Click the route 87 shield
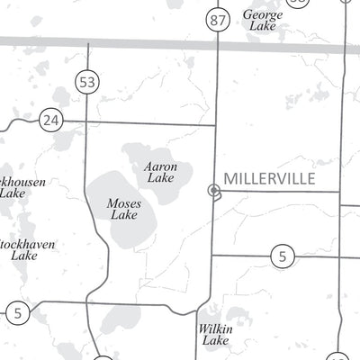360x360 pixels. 216,20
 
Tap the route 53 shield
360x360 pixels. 87,83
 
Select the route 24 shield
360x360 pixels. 51,119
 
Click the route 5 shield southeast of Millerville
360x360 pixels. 283,257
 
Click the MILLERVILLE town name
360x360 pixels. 269,178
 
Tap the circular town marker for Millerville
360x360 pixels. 213,190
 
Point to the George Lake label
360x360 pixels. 262,21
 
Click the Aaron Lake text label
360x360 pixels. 160,172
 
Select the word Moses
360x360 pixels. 123,203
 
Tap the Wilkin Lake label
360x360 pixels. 215,335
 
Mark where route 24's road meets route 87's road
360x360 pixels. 216,125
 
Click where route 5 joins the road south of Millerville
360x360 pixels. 212,256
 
